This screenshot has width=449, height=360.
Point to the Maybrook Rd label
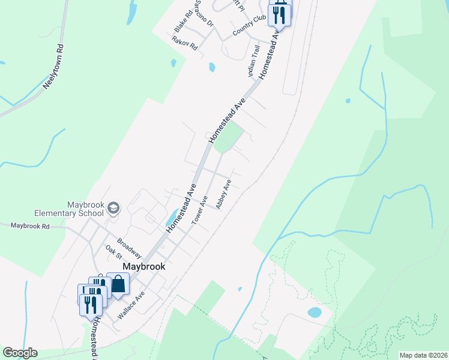point(29,226)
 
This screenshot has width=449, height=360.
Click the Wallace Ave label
point(131,306)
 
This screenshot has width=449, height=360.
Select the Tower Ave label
point(199,211)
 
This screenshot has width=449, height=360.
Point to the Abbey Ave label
point(223,194)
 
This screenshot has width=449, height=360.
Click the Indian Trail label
point(253,61)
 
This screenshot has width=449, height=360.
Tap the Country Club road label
point(249,27)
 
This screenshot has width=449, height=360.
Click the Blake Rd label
point(182,21)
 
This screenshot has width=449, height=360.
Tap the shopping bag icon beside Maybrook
point(118,284)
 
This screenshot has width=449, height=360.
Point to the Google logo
point(20,353)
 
